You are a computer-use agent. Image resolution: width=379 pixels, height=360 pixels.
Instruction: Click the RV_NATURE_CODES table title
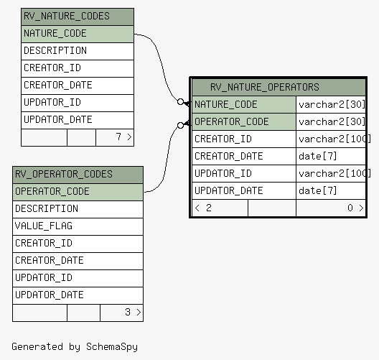pos(67,17)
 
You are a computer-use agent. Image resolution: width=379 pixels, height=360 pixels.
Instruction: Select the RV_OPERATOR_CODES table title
pos(64,174)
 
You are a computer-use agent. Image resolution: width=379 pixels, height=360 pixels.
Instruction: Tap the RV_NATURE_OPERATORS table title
pos(265,87)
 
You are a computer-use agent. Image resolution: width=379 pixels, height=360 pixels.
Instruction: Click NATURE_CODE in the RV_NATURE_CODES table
pos(55,33)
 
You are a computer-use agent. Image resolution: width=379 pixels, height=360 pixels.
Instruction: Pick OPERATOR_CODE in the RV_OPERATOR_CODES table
pos(52,191)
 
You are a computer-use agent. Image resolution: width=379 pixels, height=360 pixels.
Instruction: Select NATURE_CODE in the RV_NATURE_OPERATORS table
pos(226,104)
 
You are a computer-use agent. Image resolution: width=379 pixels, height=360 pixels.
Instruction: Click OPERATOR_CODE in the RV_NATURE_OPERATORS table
pos(232,121)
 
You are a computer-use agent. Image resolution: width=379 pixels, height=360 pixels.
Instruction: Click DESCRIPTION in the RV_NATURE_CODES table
pos(55,50)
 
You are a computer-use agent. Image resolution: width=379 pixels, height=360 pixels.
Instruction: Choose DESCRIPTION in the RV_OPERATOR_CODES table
pos(47,208)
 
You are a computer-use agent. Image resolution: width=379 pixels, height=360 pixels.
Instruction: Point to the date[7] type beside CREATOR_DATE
pos(317,157)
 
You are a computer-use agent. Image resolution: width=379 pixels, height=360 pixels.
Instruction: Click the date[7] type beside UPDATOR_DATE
pos(317,191)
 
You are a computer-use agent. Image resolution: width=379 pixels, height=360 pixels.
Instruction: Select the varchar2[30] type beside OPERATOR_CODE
pos(332,121)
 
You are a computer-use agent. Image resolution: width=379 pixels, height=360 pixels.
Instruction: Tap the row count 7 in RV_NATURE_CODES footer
pos(118,137)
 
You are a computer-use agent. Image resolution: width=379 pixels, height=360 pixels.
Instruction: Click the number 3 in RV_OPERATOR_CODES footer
pos(128,312)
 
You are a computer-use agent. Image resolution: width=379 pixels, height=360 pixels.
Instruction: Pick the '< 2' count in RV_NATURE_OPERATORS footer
pos(203,208)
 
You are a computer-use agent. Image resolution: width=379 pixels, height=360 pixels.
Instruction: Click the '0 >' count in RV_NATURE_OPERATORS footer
pos(355,208)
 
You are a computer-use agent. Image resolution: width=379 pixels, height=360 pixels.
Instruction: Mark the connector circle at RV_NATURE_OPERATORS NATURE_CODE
pos(180,102)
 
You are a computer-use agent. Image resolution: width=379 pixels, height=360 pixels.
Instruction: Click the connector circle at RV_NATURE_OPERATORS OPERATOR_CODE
pos(180,125)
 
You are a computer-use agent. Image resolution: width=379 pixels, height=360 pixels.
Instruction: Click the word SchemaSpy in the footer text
pos(112,347)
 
